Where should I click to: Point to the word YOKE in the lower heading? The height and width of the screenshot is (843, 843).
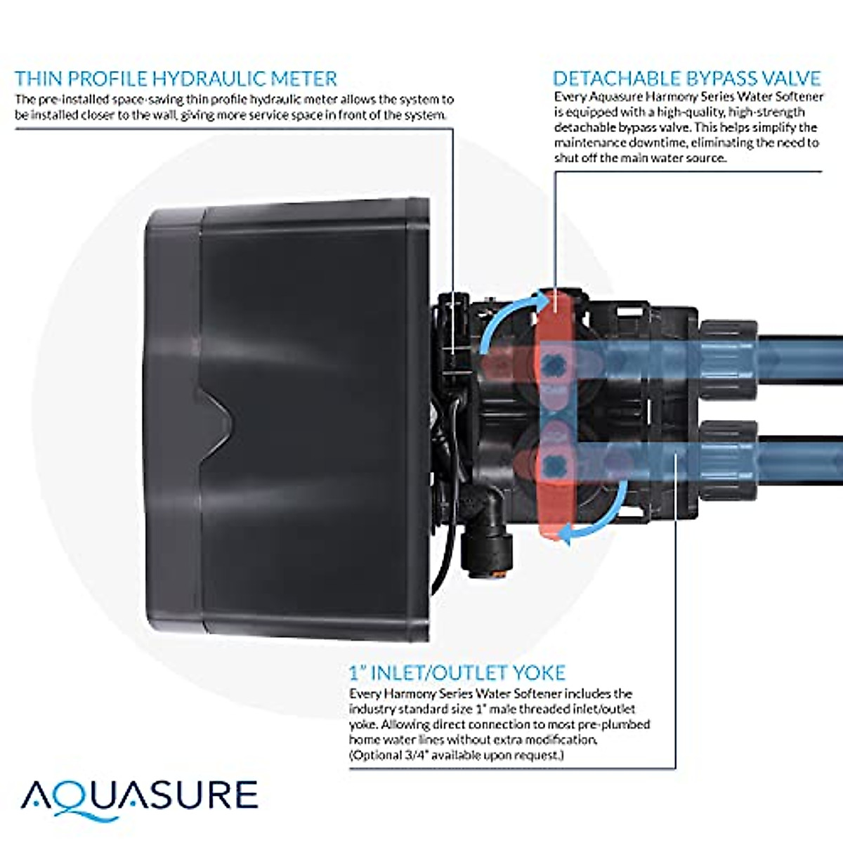coord(539,672)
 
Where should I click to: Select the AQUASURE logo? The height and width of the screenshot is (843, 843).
coord(139,796)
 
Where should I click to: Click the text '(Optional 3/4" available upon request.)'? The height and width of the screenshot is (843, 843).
coord(457,755)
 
